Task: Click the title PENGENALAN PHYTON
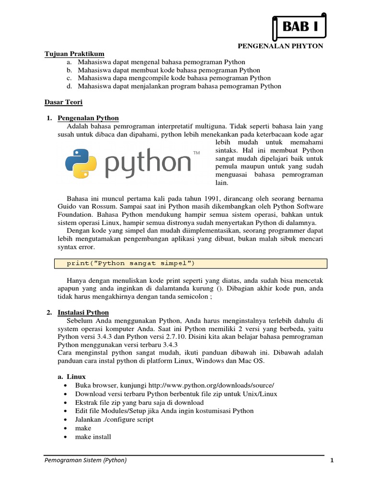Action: tap(281, 46)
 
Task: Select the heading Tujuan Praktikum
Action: tap(74, 54)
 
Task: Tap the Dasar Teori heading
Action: tap(64, 102)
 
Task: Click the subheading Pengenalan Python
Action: tap(88, 118)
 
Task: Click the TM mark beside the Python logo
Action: tap(196, 154)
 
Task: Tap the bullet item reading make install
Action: tap(93, 437)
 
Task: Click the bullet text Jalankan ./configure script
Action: tap(115, 420)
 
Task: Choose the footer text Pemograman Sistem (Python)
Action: tap(86, 460)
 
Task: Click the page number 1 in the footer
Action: tap(331, 460)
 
